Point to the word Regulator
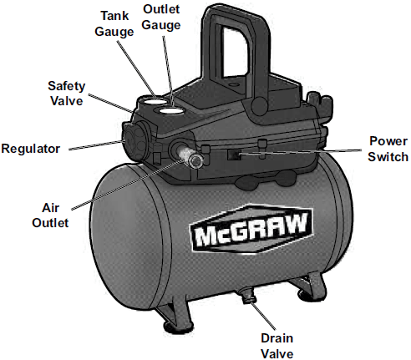click(x=32, y=149)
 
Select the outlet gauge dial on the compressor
click(x=174, y=109)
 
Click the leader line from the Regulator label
click(x=92, y=146)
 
